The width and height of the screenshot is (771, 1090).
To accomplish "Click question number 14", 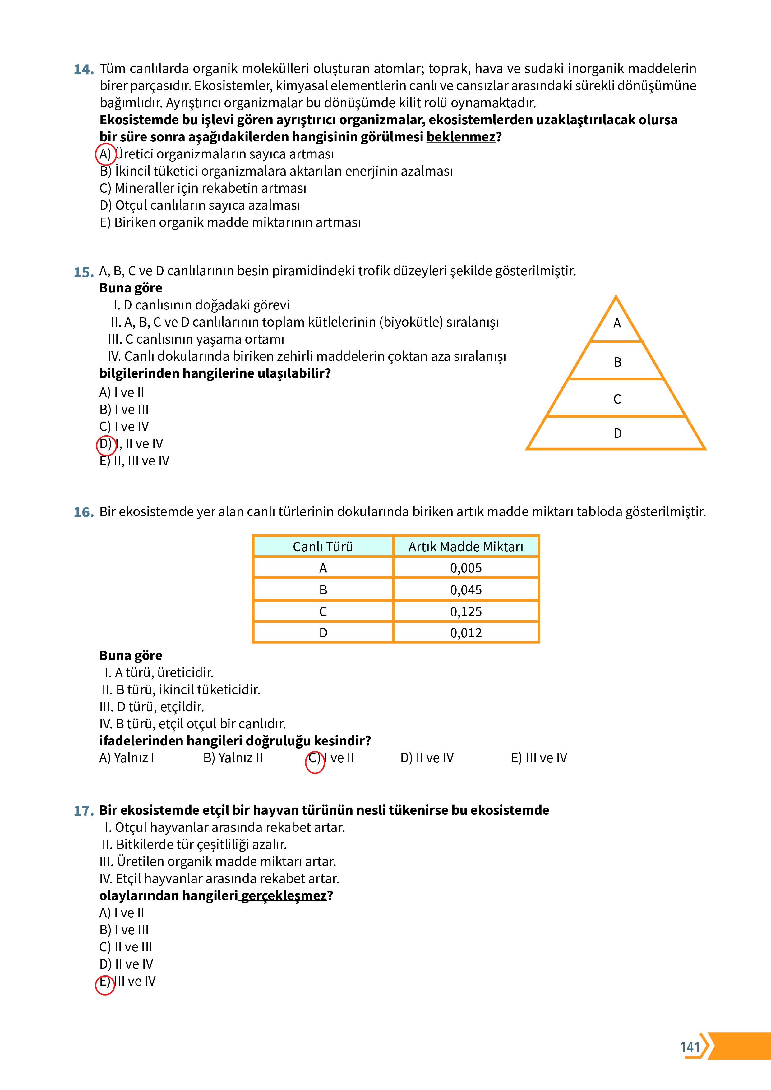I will click(84, 70).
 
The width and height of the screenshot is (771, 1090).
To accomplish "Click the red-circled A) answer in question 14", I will click(105, 154).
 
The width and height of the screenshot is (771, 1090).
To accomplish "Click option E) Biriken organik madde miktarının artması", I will click(230, 223).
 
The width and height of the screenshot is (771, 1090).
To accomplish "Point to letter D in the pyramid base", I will click(617, 433).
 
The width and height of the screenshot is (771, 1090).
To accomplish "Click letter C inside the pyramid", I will click(616, 399).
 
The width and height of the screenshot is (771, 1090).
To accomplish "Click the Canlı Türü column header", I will click(323, 547).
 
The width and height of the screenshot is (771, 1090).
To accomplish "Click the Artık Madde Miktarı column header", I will click(465, 547).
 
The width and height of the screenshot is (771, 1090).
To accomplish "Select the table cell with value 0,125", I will click(465, 611).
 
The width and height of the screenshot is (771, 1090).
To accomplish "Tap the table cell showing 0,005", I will click(465, 568).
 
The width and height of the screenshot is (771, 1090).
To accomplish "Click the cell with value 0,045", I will click(465, 590).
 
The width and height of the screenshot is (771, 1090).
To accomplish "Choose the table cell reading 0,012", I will click(465, 633).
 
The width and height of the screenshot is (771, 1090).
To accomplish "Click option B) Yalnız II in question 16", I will click(233, 758).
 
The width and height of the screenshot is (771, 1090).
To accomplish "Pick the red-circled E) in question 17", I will click(105, 982).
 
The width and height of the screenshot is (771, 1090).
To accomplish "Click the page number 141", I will click(690, 1047).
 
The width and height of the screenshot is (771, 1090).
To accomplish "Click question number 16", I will click(84, 512).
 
